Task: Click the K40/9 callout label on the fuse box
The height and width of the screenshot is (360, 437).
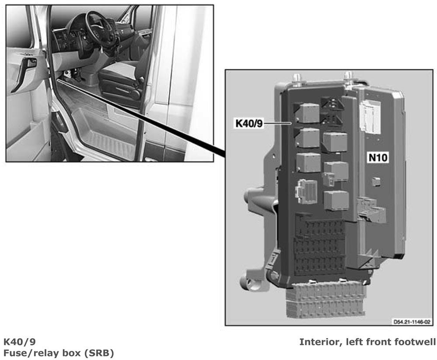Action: pos(249,123)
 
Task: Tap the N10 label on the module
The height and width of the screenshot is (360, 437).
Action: pos(378,158)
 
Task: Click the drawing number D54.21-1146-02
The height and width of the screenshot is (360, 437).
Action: pos(412,322)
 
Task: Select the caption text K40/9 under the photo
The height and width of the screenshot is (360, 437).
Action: pos(20,342)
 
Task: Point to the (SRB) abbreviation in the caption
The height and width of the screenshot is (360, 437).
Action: pos(99,353)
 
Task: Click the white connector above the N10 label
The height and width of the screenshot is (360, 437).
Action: pos(370,117)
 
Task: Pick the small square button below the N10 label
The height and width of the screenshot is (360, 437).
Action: pos(377,182)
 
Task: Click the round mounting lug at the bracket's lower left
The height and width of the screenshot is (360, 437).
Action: pos(249,283)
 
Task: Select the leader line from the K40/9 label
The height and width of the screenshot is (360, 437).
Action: pos(277,123)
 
